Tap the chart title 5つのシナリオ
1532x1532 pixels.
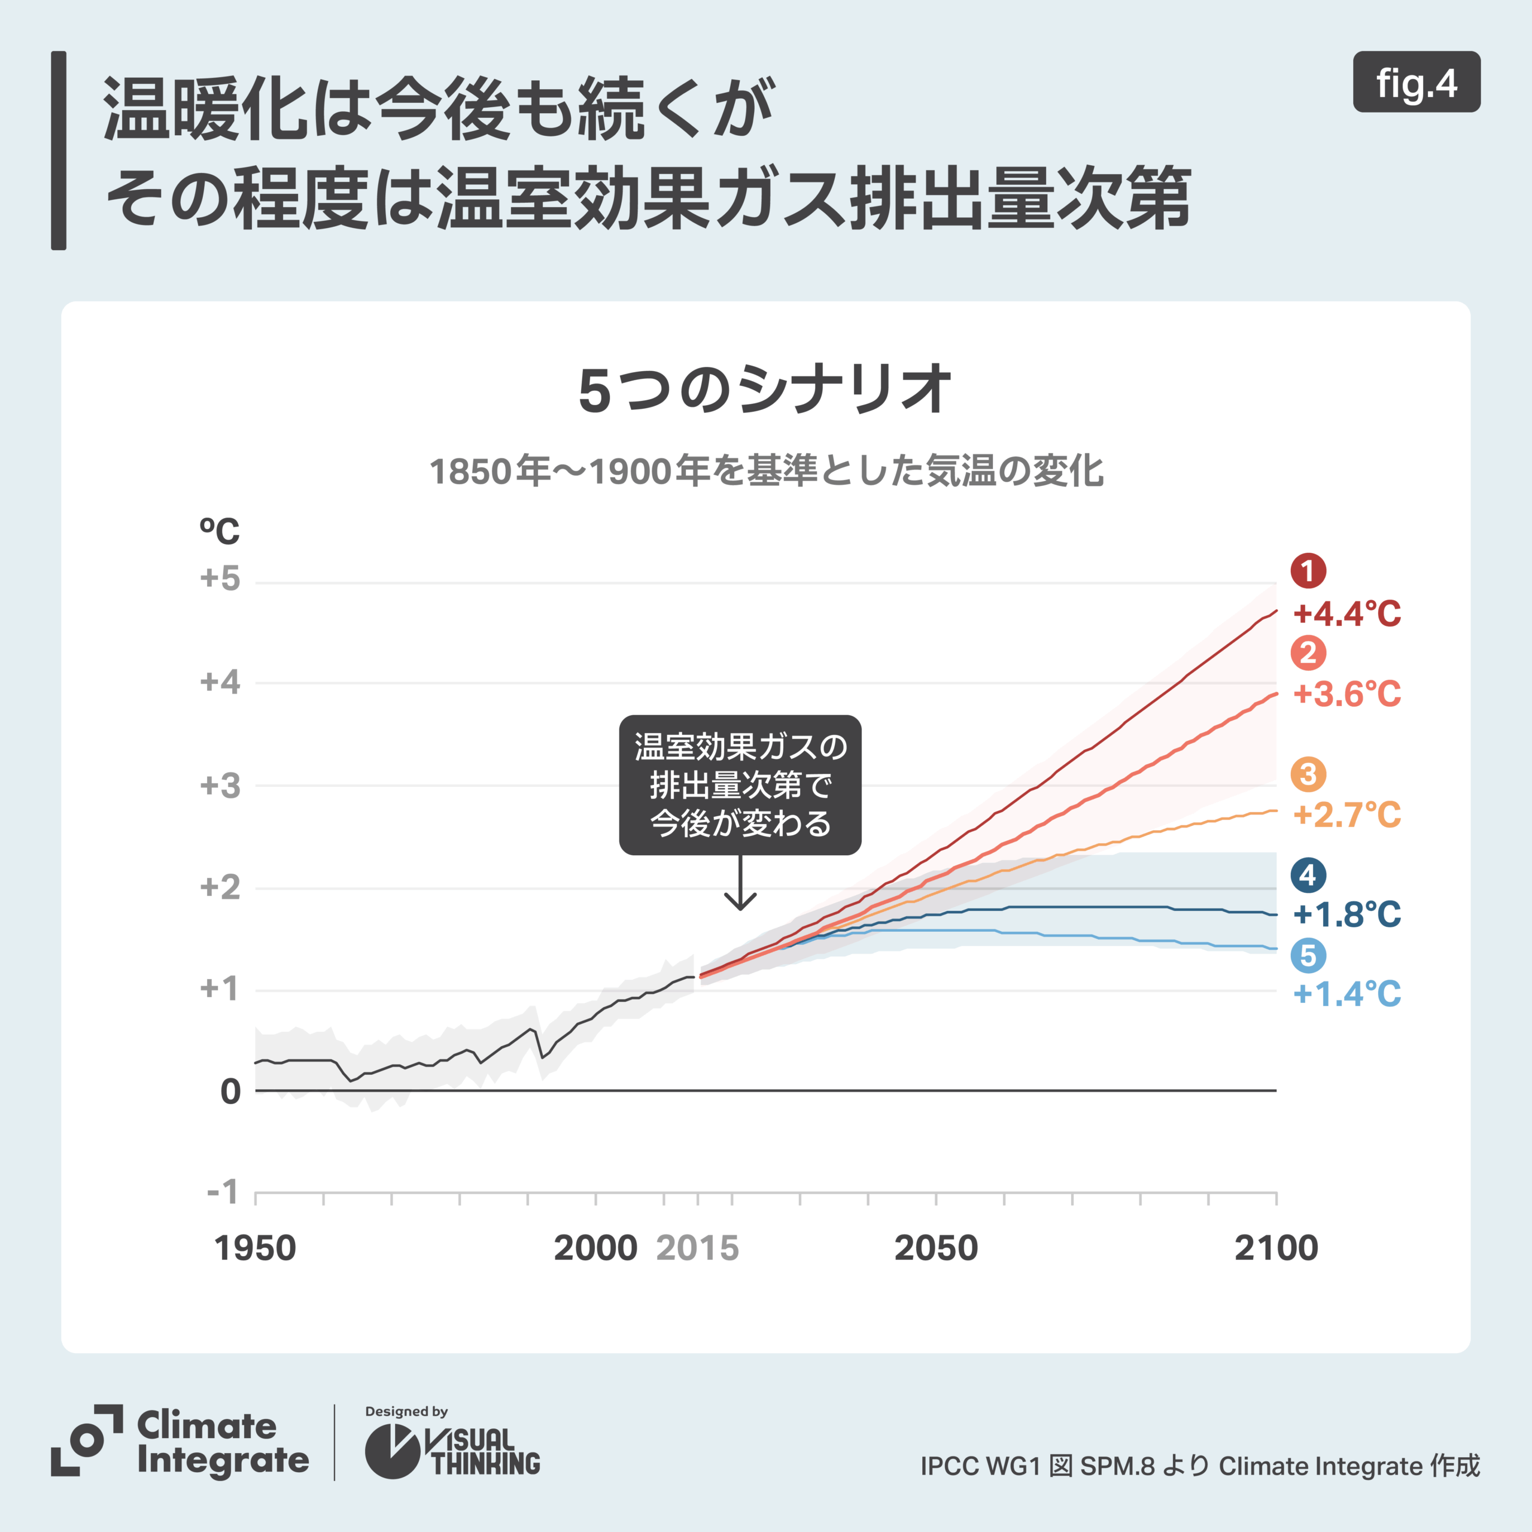click(x=765, y=390)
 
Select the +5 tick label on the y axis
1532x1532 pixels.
click(x=220, y=578)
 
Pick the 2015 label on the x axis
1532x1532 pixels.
click(x=698, y=1248)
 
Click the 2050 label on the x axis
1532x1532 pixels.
click(x=936, y=1248)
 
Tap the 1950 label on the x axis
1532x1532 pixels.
click(x=256, y=1248)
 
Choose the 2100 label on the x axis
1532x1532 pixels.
click(x=1276, y=1248)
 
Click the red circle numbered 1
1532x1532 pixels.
click(x=1308, y=571)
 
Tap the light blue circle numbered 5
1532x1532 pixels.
click(x=1308, y=956)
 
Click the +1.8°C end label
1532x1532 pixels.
click(x=1347, y=914)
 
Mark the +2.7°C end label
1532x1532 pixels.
click(x=1347, y=814)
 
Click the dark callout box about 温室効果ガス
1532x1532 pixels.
click(x=740, y=785)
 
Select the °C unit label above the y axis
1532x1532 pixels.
click(x=219, y=531)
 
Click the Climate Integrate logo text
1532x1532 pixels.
click(x=222, y=1443)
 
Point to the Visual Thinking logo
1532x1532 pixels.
click(x=452, y=1451)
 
